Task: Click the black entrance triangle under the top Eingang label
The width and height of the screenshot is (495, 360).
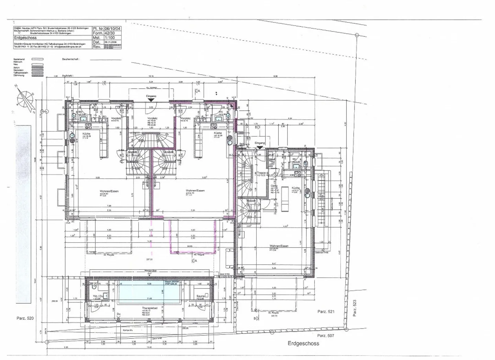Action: click(151, 100)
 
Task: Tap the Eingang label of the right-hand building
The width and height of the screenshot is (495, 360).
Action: click(260, 143)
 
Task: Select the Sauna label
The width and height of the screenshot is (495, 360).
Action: click(200, 296)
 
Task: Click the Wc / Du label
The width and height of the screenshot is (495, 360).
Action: click(98, 296)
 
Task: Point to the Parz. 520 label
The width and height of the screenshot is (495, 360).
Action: click(25, 318)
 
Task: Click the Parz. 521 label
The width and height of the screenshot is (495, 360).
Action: click(326, 312)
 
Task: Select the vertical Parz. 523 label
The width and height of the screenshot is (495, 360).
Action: click(354, 308)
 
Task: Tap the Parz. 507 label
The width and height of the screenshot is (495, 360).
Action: click(326, 336)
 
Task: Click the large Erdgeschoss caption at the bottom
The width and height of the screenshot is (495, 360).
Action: click(303, 343)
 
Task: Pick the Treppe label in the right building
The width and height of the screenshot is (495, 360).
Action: click(262, 173)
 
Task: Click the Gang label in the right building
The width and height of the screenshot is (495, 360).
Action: click(274, 186)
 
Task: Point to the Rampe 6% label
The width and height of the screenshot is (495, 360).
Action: click(128, 330)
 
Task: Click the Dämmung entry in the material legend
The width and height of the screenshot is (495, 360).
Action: click(19, 75)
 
